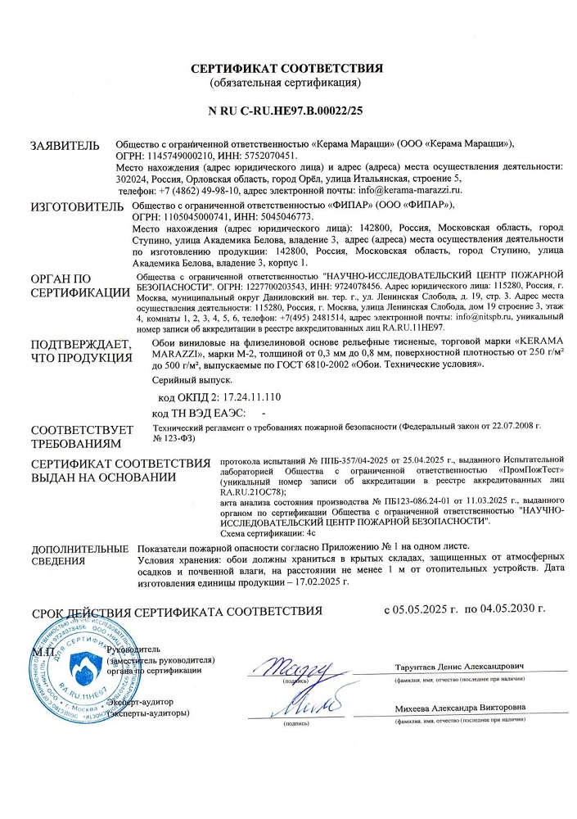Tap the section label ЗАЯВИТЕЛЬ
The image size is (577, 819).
point(65,146)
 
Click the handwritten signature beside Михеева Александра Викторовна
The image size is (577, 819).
point(304,704)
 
